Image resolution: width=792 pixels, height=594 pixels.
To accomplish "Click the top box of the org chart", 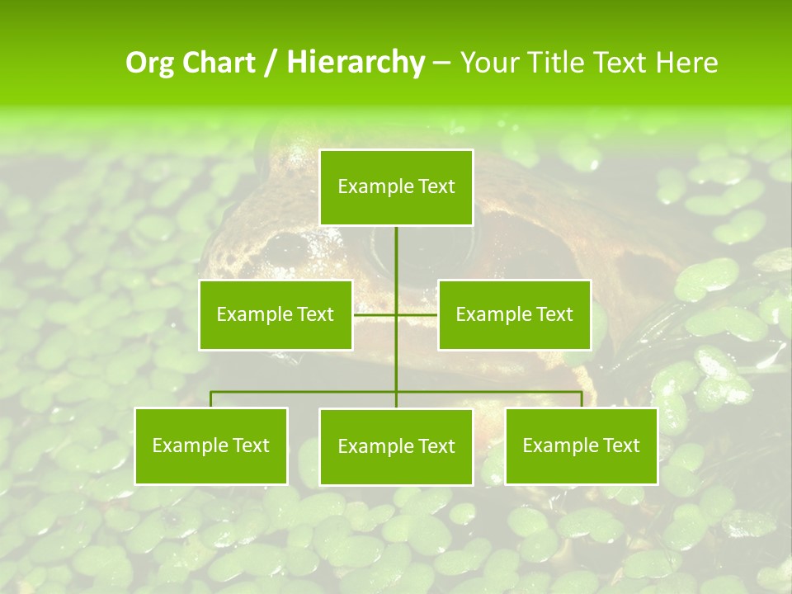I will pos(397,187).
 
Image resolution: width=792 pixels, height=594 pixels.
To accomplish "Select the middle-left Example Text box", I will pos(276,314).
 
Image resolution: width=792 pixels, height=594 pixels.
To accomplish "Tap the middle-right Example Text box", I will pos(515,314).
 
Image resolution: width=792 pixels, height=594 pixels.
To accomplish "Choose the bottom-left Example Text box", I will pos(211,445).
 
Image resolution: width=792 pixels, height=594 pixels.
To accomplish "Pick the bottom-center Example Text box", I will pos(397,446).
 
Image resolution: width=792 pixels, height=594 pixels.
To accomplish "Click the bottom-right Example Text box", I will pos(582,445).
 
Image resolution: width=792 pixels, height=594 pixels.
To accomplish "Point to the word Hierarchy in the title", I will pos(356,63).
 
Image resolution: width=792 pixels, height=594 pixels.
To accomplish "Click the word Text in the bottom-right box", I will pos(621,445).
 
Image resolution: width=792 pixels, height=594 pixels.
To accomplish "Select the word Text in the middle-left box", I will pos(315,314).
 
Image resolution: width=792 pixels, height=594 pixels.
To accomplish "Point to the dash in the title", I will pos(441,63).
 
